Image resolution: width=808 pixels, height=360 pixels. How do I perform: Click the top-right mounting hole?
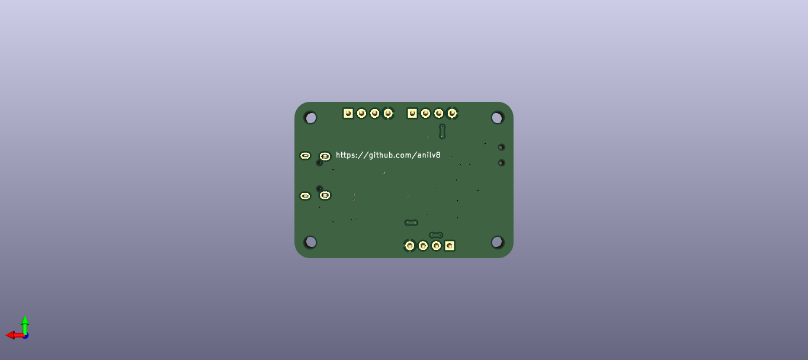point(498,117)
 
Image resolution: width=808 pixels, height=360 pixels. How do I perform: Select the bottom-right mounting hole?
point(498,242)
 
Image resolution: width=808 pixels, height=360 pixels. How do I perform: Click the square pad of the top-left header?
point(348,113)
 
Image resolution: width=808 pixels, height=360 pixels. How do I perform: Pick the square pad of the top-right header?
point(412,113)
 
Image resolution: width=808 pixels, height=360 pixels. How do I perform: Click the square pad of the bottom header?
point(450,245)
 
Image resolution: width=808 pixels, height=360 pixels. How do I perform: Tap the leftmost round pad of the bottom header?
point(409,245)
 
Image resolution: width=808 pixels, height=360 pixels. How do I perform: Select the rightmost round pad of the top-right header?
point(452,113)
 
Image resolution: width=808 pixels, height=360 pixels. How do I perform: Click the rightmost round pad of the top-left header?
point(388,113)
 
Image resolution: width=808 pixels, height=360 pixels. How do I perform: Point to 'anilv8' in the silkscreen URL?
point(429,155)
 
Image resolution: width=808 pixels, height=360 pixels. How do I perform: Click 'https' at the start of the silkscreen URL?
point(345,155)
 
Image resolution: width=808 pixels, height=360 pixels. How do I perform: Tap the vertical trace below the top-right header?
point(442,131)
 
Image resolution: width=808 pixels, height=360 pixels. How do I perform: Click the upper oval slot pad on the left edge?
point(305,156)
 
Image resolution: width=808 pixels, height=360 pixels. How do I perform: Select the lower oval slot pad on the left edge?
point(305,196)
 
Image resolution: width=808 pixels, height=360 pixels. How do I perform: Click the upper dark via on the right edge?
point(501,147)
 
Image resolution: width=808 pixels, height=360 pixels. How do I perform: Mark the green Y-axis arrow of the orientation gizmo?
point(25,323)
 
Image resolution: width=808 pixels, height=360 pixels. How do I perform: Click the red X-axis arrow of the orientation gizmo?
point(13,335)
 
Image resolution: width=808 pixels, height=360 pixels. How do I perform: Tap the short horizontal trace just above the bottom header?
point(436,235)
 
